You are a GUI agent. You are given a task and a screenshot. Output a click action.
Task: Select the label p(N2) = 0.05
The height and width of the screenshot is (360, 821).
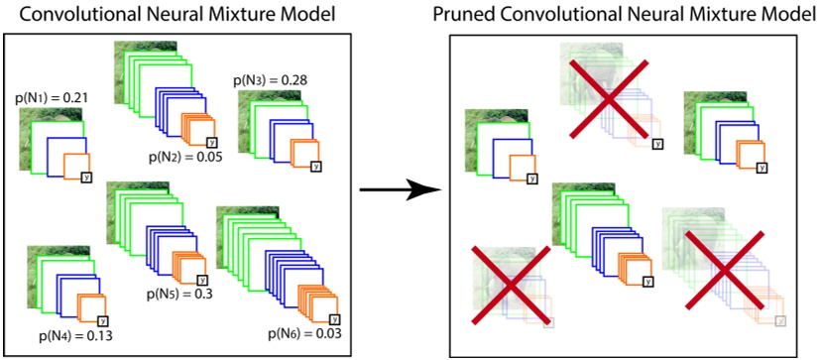(185, 156)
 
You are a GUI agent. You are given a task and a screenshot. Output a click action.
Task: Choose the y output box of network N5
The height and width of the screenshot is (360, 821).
(202, 282)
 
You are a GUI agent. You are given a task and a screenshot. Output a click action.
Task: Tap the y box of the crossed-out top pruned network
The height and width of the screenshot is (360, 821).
(657, 143)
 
